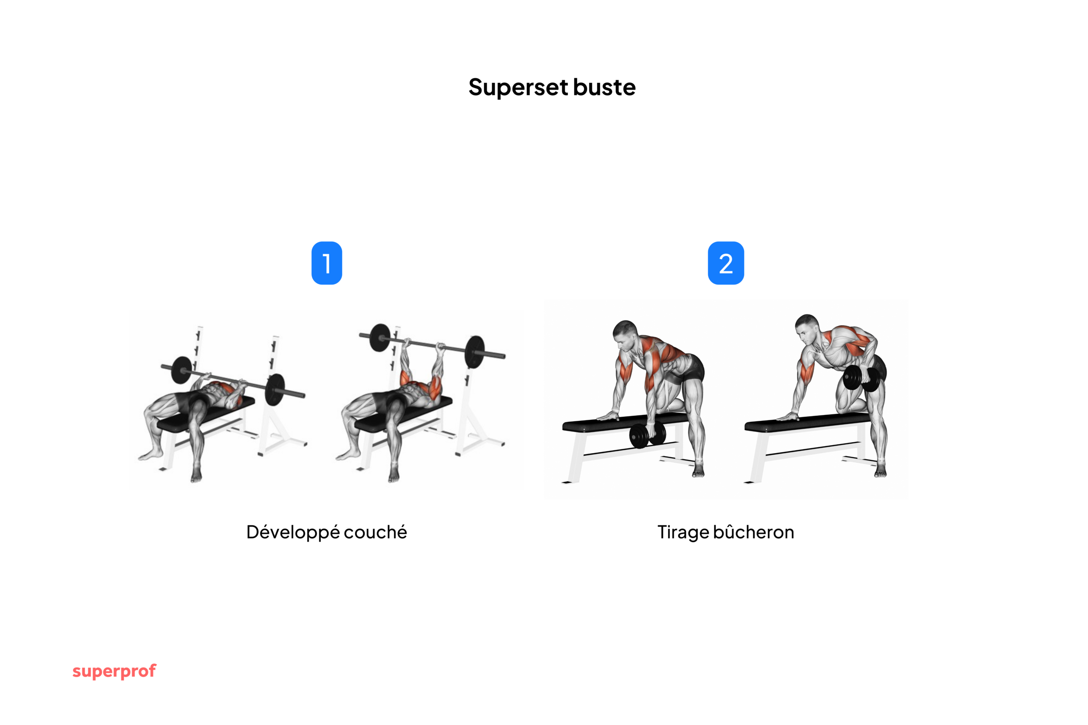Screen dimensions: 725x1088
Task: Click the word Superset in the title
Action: pyautogui.click(x=518, y=87)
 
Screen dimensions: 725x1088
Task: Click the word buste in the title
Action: pyautogui.click(x=604, y=87)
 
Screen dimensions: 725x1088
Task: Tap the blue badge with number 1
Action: pyautogui.click(x=326, y=263)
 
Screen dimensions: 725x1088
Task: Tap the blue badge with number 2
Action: pyautogui.click(x=726, y=263)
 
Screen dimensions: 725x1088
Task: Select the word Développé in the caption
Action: pyautogui.click(x=292, y=533)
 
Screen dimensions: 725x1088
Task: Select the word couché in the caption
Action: pyautogui.click(x=375, y=532)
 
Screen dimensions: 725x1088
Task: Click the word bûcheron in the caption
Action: pyautogui.click(x=754, y=532)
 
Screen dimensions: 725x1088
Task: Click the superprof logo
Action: pyautogui.click(x=114, y=671)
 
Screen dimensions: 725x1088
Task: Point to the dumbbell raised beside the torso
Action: pyautogui.click(x=861, y=378)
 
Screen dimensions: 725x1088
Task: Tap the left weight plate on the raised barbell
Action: pyautogui.click(x=380, y=338)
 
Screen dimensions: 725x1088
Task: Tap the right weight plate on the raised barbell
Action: pyautogui.click(x=475, y=351)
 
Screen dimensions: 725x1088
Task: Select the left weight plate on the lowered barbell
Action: pyautogui.click(x=182, y=370)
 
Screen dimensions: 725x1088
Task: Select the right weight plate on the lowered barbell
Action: pyautogui.click(x=276, y=389)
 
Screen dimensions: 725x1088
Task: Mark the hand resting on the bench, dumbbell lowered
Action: pyautogui.click(x=607, y=416)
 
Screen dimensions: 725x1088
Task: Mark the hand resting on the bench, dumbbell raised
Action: pyautogui.click(x=788, y=417)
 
